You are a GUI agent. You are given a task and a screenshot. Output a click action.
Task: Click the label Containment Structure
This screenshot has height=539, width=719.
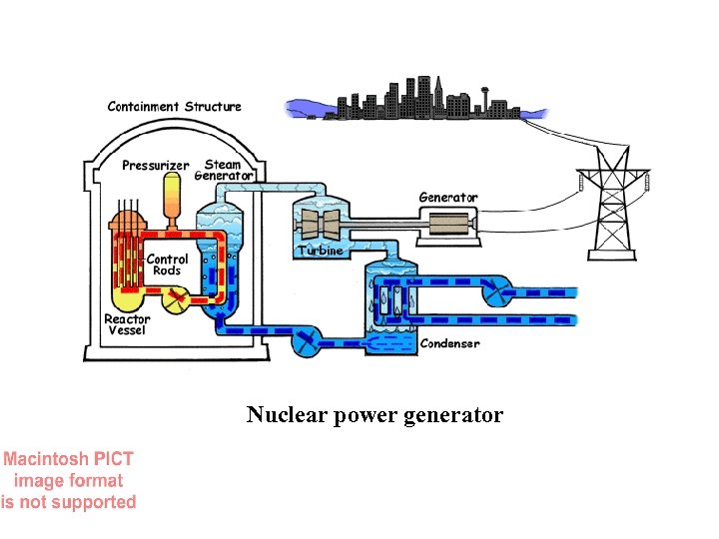[x=174, y=106]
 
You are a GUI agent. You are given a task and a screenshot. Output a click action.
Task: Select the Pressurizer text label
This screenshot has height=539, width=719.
[x=155, y=165]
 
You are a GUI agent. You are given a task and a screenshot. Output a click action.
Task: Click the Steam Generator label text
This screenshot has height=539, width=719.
[x=224, y=170]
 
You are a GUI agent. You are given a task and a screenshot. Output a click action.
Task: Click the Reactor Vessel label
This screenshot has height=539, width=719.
[x=127, y=325]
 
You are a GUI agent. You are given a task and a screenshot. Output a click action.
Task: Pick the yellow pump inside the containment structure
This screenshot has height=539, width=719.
[x=175, y=297]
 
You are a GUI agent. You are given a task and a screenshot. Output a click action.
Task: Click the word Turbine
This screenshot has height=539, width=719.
[x=320, y=251]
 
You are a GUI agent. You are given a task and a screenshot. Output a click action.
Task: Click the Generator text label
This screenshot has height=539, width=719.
[x=447, y=198]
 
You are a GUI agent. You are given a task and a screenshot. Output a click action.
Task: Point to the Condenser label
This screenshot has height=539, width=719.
[x=449, y=343]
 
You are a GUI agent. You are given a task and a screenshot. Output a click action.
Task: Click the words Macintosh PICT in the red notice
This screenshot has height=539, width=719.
[x=68, y=459]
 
